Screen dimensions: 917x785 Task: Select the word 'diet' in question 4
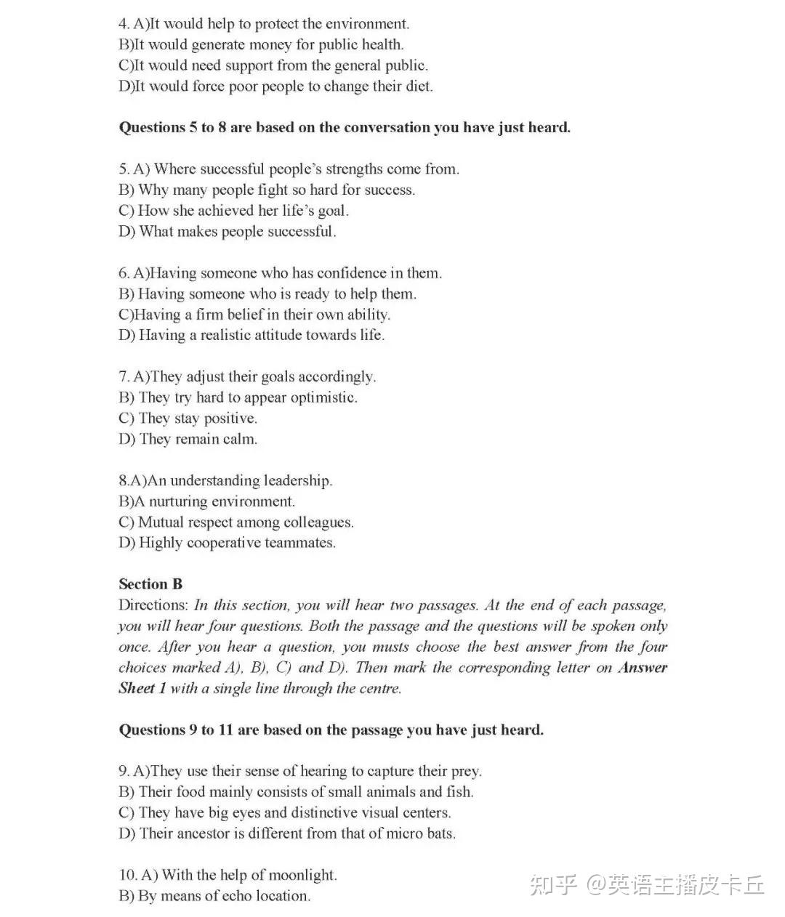pyautogui.click(x=418, y=86)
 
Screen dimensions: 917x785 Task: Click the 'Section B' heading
pyautogui.click(x=150, y=584)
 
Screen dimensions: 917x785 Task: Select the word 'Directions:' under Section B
pyautogui.click(x=153, y=605)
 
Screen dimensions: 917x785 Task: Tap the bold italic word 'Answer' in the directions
pyautogui.click(x=642, y=667)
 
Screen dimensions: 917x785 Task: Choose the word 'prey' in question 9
pyautogui.click(x=467, y=771)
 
